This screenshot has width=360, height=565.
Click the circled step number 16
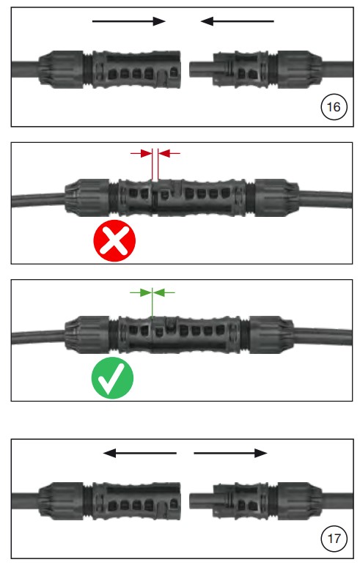coord(334,107)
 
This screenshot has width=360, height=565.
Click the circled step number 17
coord(334,539)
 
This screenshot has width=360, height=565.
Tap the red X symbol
coord(114,240)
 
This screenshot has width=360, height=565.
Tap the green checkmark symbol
coord(112,377)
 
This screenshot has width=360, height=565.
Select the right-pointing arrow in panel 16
coord(128,21)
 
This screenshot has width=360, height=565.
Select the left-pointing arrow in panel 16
coord(237,21)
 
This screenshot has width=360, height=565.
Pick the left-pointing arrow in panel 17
coord(140,453)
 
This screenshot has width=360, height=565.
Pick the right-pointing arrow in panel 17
coord(230,453)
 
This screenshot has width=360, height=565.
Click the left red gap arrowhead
coord(146,154)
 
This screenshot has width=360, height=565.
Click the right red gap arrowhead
coord(164,154)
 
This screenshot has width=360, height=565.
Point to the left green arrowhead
coord(146,292)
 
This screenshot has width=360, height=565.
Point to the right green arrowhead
coord(159,292)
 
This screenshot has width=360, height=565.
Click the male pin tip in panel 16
coord(191,69)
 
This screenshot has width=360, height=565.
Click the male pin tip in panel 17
coord(191,501)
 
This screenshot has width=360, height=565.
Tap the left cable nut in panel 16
coord(61,70)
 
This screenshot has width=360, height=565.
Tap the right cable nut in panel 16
coord(299,70)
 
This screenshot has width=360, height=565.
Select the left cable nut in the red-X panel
coord(87,197)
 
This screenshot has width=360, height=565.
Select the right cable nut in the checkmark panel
coord(272,335)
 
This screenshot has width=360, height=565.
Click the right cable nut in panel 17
coord(299,501)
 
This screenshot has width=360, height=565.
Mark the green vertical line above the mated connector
coord(152,303)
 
